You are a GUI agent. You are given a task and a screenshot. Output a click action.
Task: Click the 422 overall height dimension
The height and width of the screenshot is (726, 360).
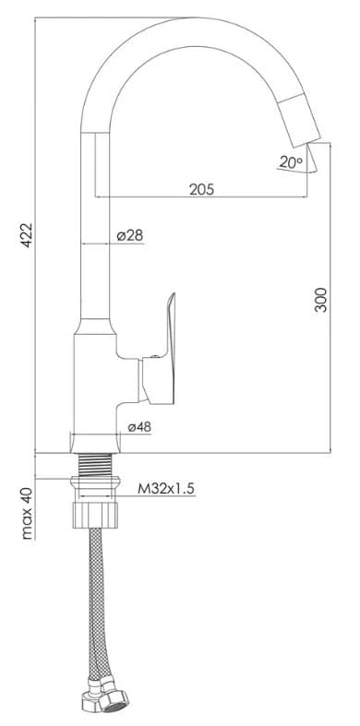tap(27, 234)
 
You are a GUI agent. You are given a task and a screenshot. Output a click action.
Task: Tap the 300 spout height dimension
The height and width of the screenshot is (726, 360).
tap(320, 300)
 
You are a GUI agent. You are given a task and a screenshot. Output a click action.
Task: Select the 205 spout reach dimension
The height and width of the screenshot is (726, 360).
tap(202, 188)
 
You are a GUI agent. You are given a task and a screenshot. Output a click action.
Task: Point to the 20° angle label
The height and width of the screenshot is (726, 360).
tap(291, 162)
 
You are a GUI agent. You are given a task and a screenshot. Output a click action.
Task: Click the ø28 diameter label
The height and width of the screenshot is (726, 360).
tap(130, 235)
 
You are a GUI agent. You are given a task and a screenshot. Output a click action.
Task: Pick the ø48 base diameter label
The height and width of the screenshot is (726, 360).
tap(139, 427)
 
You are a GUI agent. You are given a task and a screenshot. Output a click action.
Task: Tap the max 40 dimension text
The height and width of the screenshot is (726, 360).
tap(28, 514)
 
